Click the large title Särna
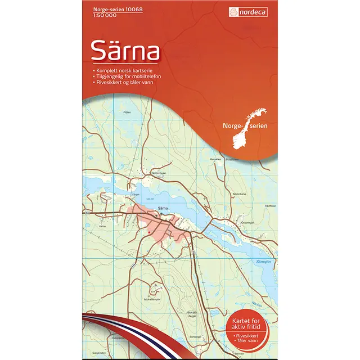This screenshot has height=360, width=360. click(x=125, y=51)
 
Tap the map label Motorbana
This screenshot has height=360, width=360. click(x=238, y=194)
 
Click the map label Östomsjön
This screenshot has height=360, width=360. click(x=248, y=223)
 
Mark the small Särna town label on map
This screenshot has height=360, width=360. click(x=163, y=208)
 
